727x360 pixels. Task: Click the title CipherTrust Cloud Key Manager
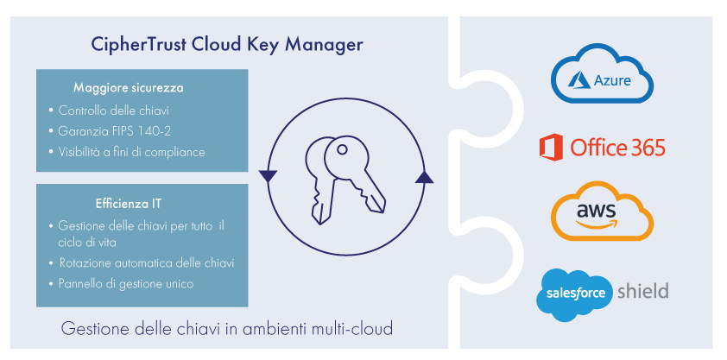pos(227,43)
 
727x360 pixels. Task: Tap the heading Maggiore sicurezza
pos(128,88)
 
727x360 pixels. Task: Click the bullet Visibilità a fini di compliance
pos(131,152)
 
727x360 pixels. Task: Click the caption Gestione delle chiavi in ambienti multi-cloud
pos(227,329)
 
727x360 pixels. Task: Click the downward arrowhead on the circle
pos(269,176)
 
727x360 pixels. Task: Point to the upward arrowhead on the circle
pos(423,177)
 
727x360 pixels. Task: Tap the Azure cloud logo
pos(603,79)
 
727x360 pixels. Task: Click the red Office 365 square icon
pos(551,148)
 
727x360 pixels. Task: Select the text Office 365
pos(617,148)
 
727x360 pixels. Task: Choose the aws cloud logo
pos(602,212)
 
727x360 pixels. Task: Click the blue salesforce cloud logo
pos(576,294)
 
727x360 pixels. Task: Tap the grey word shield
pos(642,291)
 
